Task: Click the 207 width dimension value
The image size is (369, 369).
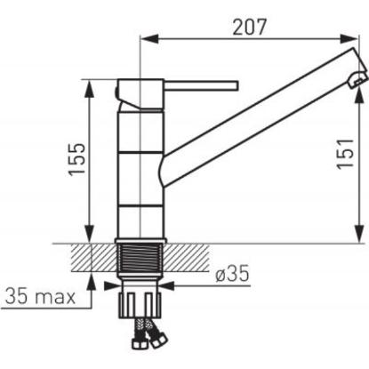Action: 250,27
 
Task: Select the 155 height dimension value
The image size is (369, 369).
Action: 77,160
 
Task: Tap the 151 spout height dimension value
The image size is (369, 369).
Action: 346,154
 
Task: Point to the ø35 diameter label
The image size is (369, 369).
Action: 232,273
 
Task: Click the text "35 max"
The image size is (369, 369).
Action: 40,296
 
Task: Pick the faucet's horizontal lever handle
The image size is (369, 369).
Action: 201,85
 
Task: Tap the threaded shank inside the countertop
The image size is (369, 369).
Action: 140,259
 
